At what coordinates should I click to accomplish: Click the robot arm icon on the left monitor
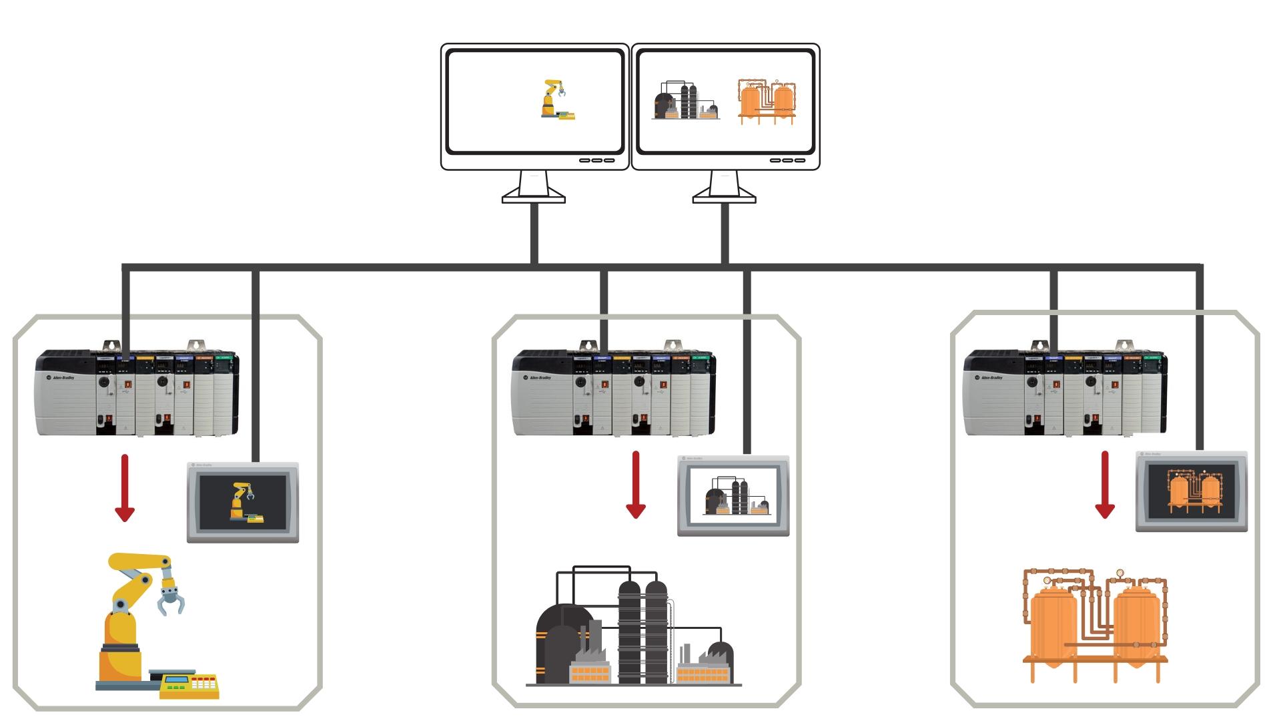(557, 99)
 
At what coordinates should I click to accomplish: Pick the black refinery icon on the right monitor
(686, 101)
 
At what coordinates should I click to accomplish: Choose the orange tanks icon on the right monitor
(767, 101)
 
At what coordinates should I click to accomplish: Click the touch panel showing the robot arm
(243, 502)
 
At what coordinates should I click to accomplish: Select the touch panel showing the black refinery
(733, 495)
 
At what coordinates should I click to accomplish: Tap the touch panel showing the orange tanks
(1192, 491)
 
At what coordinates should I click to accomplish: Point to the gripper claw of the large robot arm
(171, 597)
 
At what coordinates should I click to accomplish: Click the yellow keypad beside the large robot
(190, 686)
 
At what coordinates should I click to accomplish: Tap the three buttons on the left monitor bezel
(596, 160)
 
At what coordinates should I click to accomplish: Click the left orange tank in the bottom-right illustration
(1053, 624)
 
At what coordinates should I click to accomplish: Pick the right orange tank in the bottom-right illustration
(1136, 624)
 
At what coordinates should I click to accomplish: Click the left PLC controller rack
(137, 392)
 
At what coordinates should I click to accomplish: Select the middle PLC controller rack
(614, 393)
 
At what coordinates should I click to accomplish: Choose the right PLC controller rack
(1065, 393)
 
